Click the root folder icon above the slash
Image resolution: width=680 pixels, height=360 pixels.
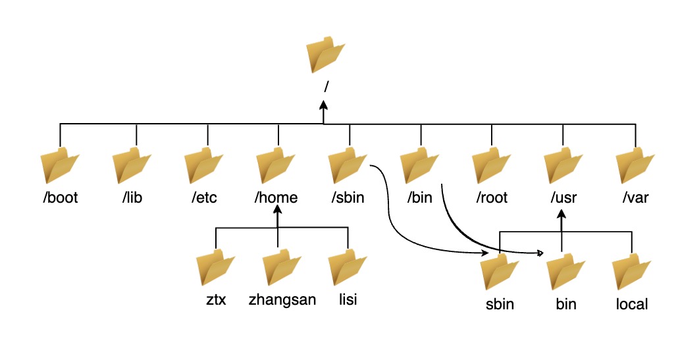[x=326, y=55]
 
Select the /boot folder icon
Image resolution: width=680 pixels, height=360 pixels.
[x=60, y=167]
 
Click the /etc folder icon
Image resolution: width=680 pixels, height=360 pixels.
[x=203, y=167]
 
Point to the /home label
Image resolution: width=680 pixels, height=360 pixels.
[x=276, y=197]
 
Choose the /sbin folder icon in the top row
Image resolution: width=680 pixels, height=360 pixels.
[x=348, y=167]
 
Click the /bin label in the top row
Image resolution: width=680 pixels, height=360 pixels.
[x=419, y=197]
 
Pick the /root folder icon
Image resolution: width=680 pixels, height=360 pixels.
[x=492, y=167]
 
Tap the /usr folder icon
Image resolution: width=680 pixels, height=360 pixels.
[x=563, y=167]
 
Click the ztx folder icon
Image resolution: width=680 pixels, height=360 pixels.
[x=216, y=269]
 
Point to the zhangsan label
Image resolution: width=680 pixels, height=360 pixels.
[x=282, y=300]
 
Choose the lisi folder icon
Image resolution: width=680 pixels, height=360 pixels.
[x=348, y=269]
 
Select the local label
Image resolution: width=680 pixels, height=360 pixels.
[x=632, y=304]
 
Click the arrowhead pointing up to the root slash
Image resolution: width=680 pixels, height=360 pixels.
[x=323, y=105]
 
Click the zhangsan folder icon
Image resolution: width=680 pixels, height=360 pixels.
[x=282, y=269]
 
